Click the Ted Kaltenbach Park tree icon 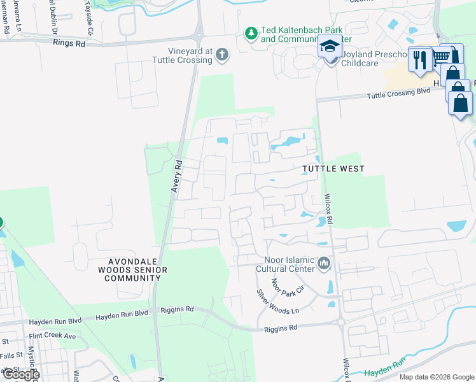click(252, 32)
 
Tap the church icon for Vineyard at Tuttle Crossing click(221, 55)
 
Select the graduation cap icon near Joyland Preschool click(330, 48)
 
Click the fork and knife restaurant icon click(419, 60)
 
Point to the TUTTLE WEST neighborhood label click(333, 169)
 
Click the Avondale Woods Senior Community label click(137, 270)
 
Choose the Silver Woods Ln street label click(277, 301)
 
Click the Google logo click(21, 374)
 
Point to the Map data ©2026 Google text click(437, 377)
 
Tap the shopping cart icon click(441, 58)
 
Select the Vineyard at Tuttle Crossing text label click(181, 55)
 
